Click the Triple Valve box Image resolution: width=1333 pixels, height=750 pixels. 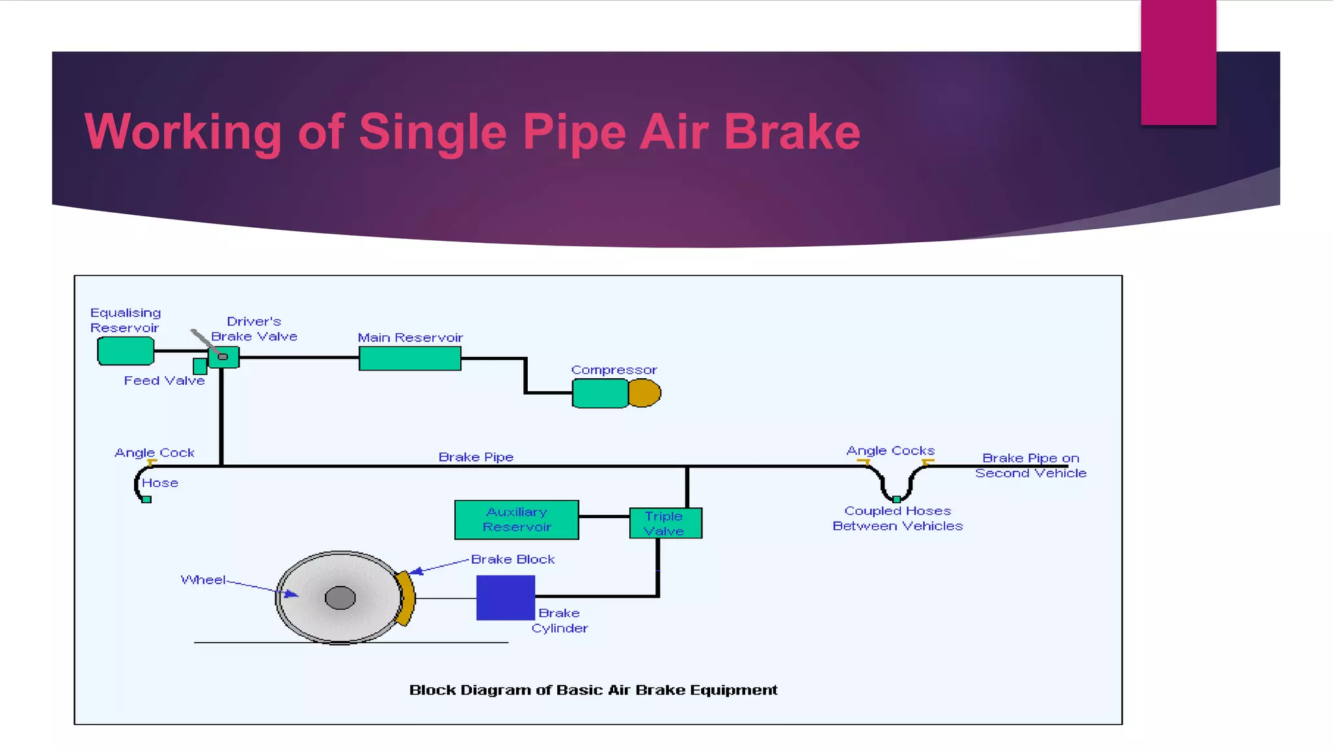pos(665,523)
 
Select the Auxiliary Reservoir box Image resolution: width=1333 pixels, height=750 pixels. pos(516,520)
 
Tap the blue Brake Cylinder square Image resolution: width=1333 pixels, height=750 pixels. pos(505,598)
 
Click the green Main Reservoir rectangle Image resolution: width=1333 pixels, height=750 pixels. pos(409,358)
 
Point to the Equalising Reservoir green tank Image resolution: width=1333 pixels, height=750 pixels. pos(126,352)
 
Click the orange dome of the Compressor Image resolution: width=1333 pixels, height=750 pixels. pos(645,393)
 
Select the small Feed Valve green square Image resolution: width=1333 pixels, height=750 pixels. pos(200,366)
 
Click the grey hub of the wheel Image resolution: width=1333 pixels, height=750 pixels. pos(340,597)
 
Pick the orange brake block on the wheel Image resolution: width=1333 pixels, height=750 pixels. pos(405,598)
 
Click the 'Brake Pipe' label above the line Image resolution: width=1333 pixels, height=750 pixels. pos(476,457)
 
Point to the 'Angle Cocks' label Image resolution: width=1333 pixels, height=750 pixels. pos(890,451)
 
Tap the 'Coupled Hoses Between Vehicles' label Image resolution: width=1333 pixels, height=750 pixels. pos(897,518)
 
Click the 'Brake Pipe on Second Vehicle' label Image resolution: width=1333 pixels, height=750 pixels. pos(1030,465)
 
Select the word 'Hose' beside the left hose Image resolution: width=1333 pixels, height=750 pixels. pos(160,483)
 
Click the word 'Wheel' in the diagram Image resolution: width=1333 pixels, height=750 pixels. pos(203,579)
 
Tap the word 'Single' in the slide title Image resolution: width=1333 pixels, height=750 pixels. pos(432,132)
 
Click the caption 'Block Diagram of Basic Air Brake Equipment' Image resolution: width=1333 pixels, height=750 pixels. pos(593,689)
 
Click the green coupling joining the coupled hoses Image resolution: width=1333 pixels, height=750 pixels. pos(896,499)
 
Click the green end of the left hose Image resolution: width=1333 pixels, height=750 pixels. pos(146,499)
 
